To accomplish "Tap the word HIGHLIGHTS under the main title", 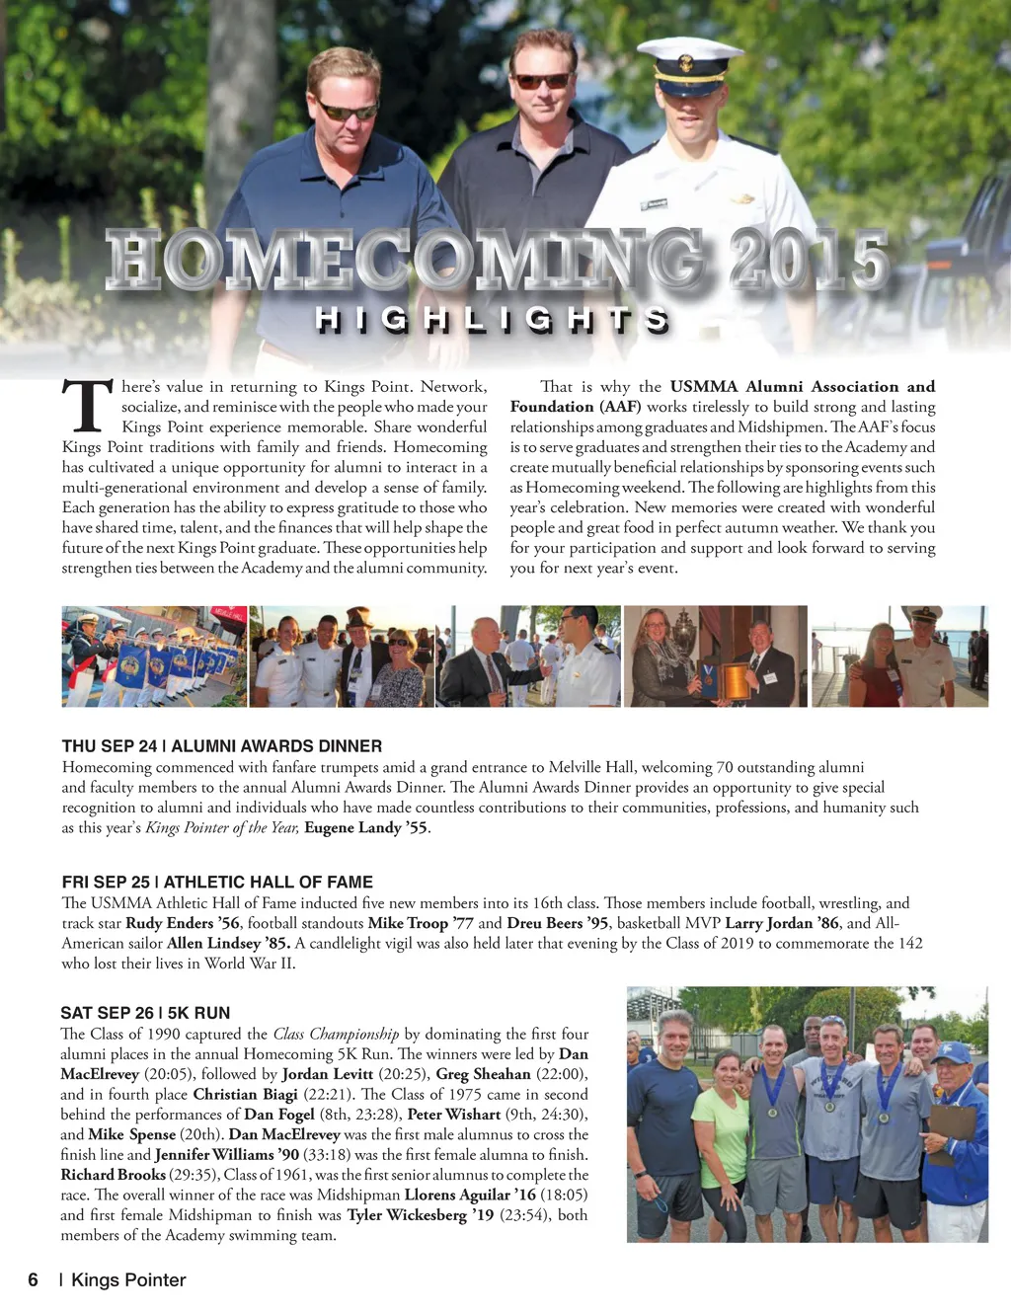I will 493,319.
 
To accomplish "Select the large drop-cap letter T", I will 87,407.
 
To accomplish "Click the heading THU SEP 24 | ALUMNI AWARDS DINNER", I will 221,746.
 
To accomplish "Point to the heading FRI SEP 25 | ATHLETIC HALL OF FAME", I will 217,882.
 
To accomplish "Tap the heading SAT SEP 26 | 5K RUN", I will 145,1013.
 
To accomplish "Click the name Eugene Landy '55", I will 365,827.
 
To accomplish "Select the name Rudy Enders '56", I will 183,923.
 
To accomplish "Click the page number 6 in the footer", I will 34,1279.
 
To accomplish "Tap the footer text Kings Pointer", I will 128,1279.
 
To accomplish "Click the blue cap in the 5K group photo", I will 950,1053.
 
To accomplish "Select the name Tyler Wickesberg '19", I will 420,1214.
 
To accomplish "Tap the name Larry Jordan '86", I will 782,923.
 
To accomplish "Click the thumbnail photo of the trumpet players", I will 154,656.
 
